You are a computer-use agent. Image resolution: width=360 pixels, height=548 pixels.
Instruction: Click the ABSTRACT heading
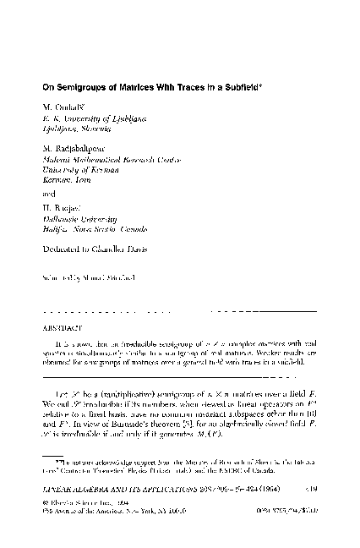(60, 324)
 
